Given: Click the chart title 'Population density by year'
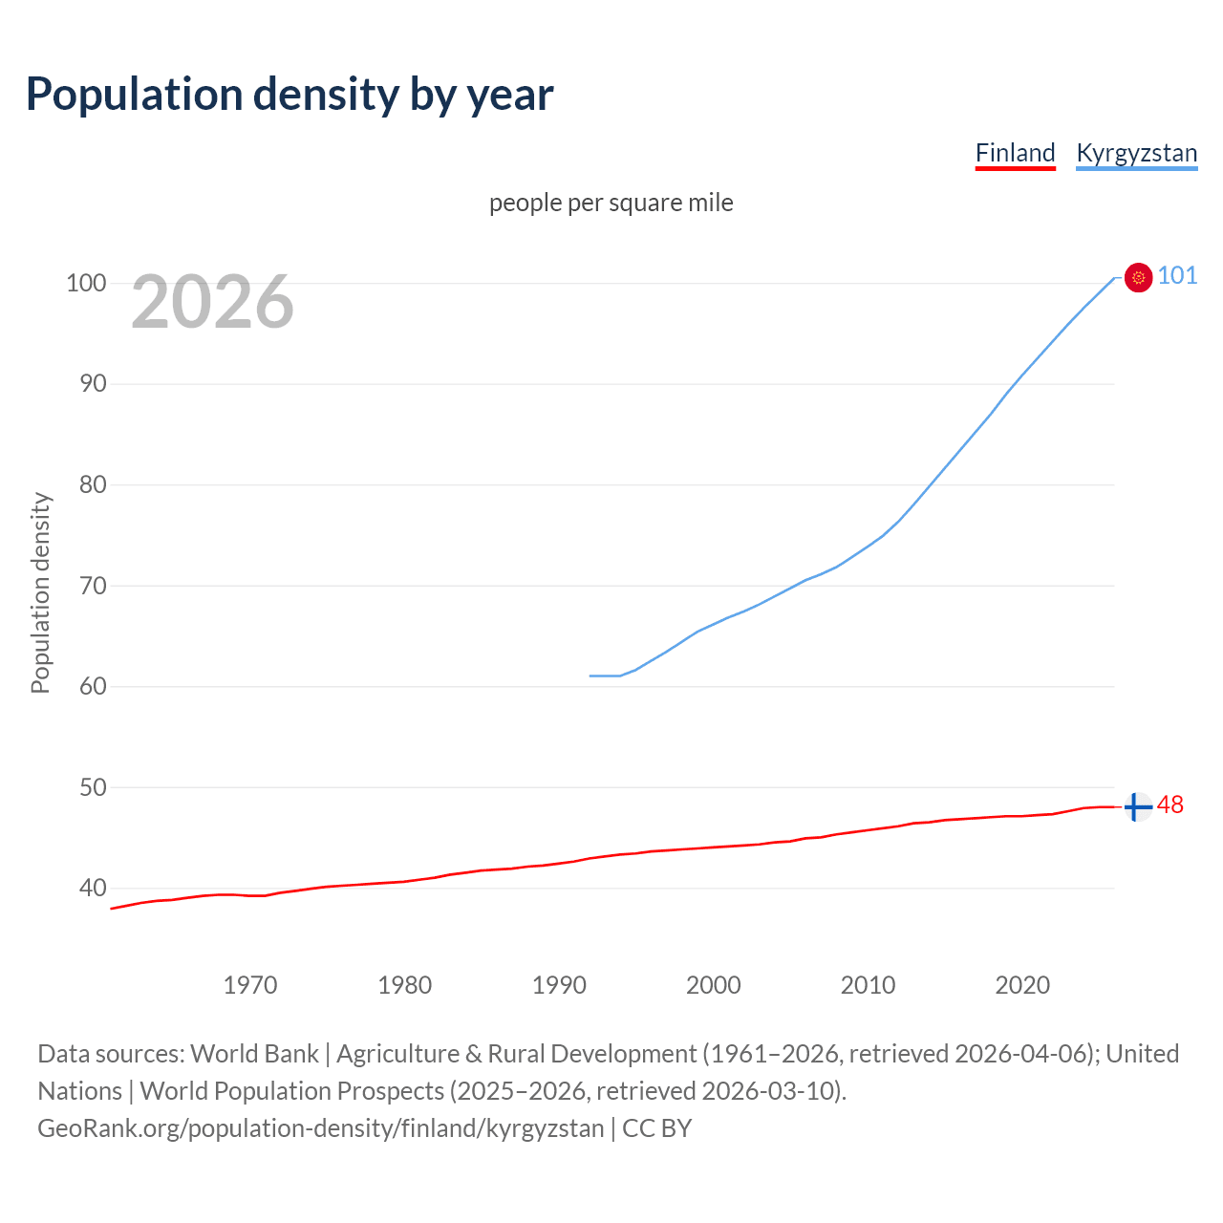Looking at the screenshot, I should pyautogui.click(x=290, y=95).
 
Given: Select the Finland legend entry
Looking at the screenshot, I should pyautogui.click(x=1015, y=153).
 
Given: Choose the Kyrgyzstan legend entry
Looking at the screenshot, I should pyautogui.click(x=1136, y=153).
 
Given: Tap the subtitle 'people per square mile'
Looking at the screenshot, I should pyautogui.click(x=611, y=203).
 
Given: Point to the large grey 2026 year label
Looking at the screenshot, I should pyautogui.click(x=212, y=302).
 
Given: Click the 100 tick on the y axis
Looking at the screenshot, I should pyautogui.click(x=86, y=283).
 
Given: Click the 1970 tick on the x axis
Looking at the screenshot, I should pyautogui.click(x=250, y=985).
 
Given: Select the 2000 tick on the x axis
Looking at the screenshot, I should pyautogui.click(x=713, y=985).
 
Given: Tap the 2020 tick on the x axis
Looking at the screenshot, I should pyautogui.click(x=1022, y=985).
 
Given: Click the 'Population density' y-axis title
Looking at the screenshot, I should pyautogui.click(x=40, y=592).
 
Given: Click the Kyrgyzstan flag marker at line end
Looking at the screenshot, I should pyautogui.click(x=1138, y=277).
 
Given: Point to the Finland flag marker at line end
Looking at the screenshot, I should pyautogui.click(x=1137, y=807).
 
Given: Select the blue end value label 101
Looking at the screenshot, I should pyautogui.click(x=1177, y=276).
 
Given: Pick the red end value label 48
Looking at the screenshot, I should pyautogui.click(x=1170, y=805).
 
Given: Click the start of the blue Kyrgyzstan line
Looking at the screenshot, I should pyautogui.click(x=591, y=676).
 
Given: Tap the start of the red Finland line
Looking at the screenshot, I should pyautogui.click(x=112, y=909).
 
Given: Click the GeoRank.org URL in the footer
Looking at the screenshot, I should pyautogui.click(x=321, y=1128).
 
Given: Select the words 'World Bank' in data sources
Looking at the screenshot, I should pyautogui.click(x=254, y=1054).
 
